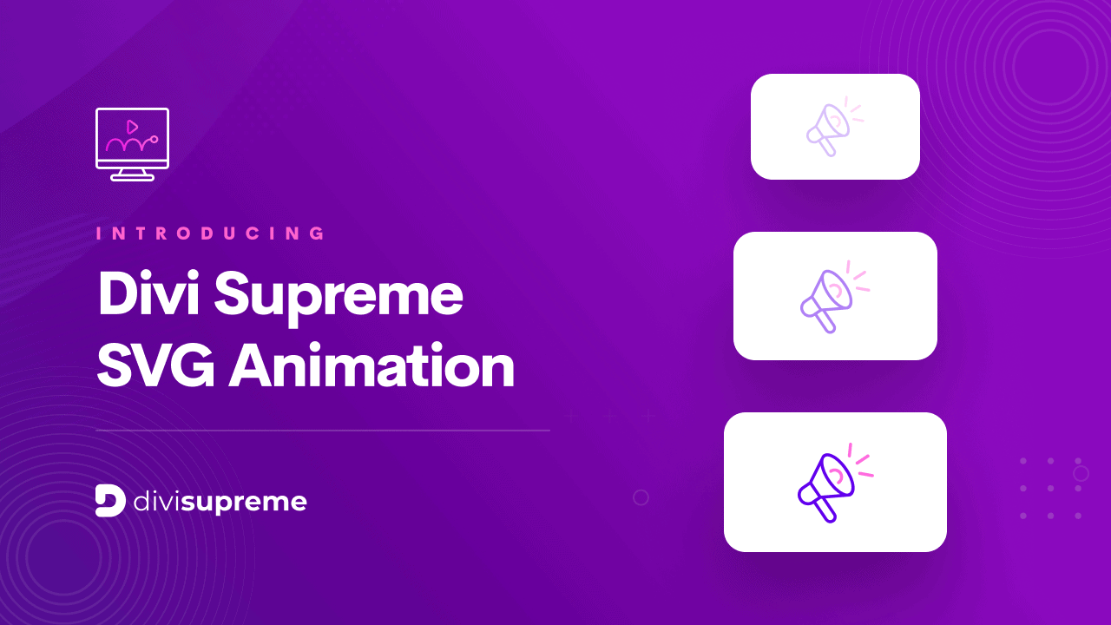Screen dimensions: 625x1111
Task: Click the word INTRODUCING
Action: coord(212,234)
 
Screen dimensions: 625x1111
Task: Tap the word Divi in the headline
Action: coord(147,293)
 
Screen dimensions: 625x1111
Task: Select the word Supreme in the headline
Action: coord(339,295)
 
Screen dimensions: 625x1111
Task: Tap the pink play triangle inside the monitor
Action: coord(133,127)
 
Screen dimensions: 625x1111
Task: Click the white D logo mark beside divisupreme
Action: coord(110,501)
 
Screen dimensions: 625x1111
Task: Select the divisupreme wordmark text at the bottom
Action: coord(220,502)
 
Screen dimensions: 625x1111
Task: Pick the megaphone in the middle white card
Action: coord(826,299)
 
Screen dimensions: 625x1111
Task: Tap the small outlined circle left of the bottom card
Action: coord(641,497)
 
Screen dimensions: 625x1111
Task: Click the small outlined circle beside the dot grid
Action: coord(1081,473)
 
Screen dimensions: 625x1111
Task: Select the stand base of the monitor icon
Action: coord(133,177)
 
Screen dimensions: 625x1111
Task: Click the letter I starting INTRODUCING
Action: coord(99,234)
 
